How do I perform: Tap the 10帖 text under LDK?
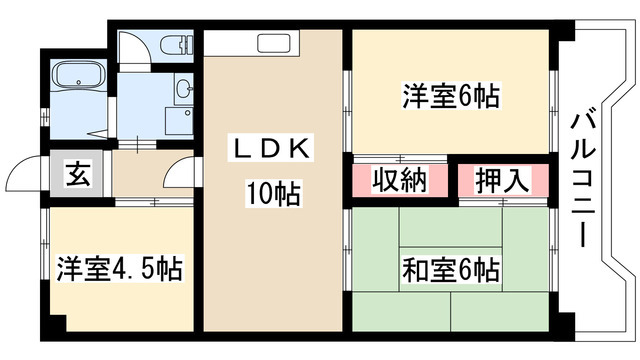[272, 190]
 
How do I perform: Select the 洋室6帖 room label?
[451, 97]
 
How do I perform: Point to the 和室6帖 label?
[452, 269]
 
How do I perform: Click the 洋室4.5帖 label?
[118, 270]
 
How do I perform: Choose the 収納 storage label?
[400, 180]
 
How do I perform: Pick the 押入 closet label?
[500, 180]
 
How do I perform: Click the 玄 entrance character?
[77, 172]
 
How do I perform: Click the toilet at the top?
[170, 47]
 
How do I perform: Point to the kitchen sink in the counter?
[273, 43]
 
